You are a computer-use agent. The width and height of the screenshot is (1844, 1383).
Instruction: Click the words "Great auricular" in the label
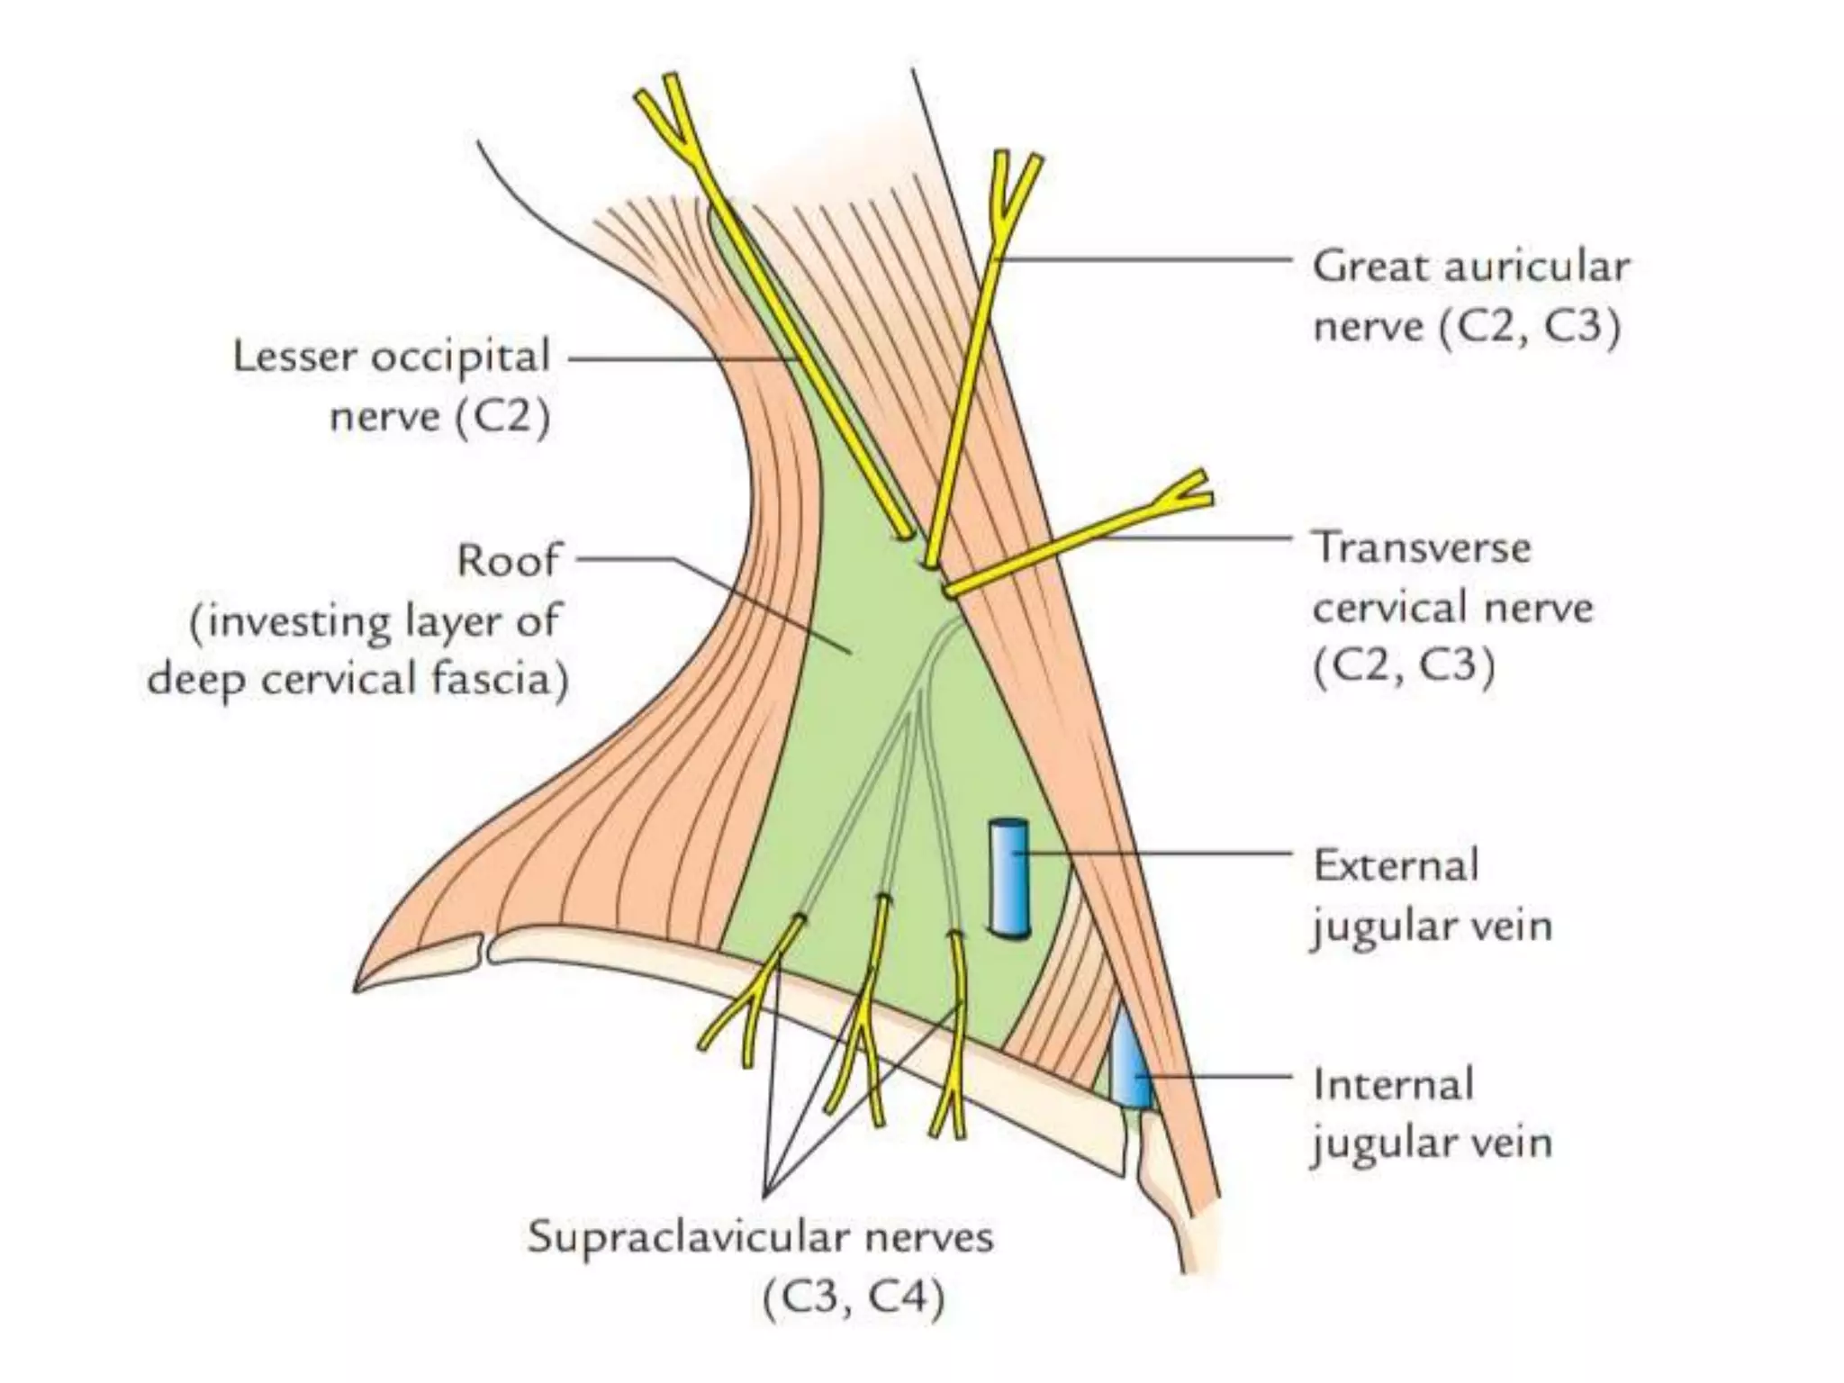click(x=1470, y=267)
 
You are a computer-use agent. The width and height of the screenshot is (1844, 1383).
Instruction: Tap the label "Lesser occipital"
click(x=391, y=357)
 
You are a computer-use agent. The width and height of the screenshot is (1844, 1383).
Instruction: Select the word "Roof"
click(x=508, y=560)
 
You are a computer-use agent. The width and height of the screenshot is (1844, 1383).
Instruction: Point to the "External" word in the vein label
click(x=1396, y=865)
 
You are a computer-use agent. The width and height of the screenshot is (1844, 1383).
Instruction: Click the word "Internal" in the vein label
click(x=1393, y=1084)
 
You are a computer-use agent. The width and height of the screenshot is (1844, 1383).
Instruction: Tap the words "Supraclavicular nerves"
click(x=760, y=1236)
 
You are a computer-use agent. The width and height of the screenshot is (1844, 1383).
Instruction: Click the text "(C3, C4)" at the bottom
click(x=854, y=1297)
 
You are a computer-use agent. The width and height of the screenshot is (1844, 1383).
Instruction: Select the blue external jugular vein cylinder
click(x=1008, y=878)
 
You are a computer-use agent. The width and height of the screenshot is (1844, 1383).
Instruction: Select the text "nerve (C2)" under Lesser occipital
click(x=438, y=417)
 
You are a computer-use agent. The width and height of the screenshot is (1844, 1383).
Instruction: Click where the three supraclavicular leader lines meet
click(x=764, y=1196)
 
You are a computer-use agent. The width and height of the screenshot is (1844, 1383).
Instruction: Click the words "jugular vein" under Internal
click(x=1432, y=1143)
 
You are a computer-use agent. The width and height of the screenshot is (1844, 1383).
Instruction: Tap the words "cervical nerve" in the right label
click(x=1452, y=608)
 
